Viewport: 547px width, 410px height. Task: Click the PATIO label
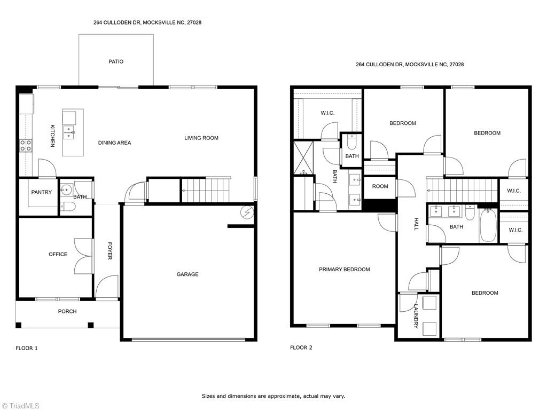click(116, 62)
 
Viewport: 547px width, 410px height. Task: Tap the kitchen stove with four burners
click(26, 145)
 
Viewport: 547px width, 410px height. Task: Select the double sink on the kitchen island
click(69, 132)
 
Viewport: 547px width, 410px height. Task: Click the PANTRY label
click(41, 192)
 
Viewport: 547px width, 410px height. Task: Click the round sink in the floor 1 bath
click(66, 188)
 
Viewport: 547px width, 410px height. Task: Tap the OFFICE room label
click(58, 254)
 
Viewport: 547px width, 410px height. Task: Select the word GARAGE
click(187, 274)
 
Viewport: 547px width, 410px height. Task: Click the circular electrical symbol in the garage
click(247, 211)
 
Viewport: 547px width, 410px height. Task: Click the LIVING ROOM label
click(201, 138)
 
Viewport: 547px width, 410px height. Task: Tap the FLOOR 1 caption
click(27, 348)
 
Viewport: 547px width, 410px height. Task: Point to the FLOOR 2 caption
click(301, 348)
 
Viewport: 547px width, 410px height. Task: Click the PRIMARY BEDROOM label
click(344, 270)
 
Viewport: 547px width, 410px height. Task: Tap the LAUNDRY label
click(416, 316)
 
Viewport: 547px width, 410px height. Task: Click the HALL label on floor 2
click(416, 224)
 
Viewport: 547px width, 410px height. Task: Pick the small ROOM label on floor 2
click(380, 186)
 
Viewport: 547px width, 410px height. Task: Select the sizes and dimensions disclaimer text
click(273, 396)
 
